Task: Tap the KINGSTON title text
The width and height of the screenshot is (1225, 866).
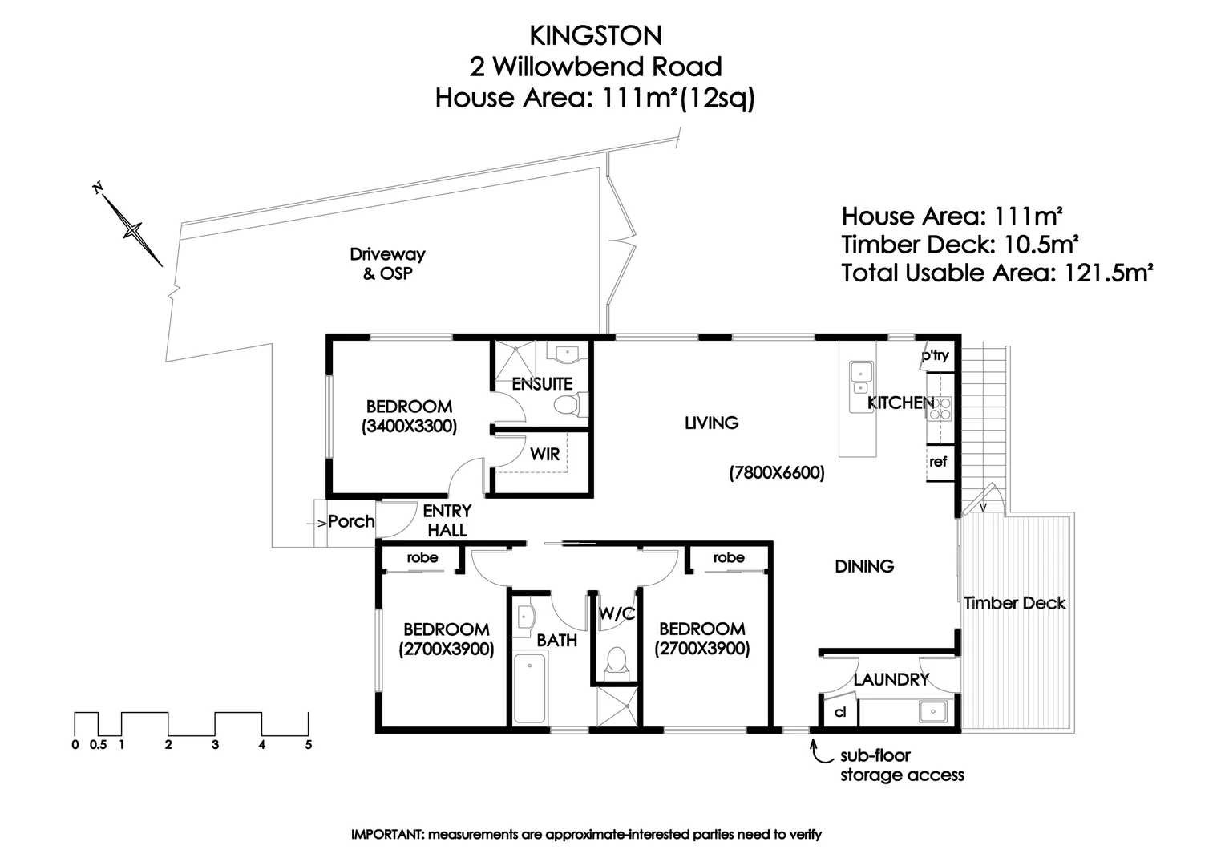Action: (596, 35)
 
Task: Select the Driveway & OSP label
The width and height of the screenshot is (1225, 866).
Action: (387, 264)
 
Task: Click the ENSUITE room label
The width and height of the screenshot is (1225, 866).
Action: (542, 384)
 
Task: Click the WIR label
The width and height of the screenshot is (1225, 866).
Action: (544, 454)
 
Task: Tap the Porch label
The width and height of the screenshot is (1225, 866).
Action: (351, 521)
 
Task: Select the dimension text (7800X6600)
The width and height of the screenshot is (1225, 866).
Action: (776, 473)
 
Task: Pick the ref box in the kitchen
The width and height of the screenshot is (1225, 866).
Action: (938, 462)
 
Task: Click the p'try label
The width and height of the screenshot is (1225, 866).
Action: (935, 355)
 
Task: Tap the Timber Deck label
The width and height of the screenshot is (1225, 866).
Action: (1014, 603)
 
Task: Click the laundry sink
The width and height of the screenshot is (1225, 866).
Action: (933, 711)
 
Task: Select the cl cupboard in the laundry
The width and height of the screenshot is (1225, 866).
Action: (840, 711)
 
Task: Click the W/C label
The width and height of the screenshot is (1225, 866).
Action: (617, 613)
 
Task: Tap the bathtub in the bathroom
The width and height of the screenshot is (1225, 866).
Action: (529, 688)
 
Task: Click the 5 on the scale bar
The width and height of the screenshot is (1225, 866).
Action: (308, 745)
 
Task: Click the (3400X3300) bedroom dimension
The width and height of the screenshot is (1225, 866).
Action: (409, 427)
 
